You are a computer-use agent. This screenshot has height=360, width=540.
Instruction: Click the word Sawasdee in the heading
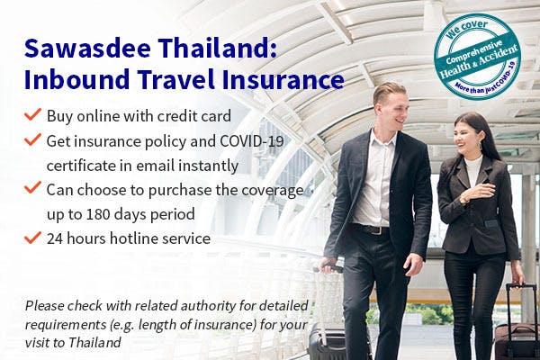point(87,48)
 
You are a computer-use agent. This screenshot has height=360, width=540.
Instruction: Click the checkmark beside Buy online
point(32,114)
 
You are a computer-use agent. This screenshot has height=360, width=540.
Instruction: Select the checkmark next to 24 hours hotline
point(32,238)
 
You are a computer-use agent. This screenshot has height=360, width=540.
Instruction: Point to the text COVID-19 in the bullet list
point(251,141)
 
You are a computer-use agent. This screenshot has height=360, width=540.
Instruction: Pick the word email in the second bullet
point(155,166)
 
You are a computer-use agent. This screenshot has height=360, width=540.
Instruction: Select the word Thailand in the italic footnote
point(94,343)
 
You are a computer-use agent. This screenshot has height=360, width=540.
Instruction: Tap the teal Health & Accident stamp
point(477,58)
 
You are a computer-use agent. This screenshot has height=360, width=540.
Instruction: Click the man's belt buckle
point(376,230)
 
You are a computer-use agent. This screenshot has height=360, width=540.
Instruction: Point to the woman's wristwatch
point(463,198)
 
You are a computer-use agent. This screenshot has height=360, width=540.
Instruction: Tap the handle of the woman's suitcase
point(517,299)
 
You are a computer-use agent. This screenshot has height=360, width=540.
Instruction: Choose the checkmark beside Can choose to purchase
point(32,188)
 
